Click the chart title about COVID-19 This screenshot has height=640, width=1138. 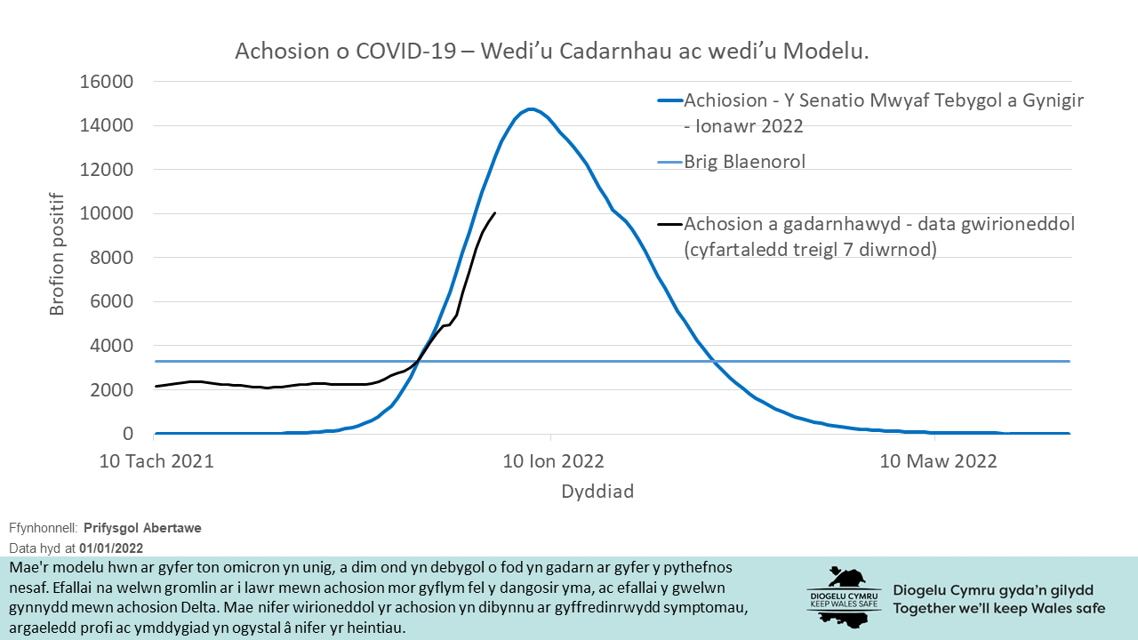551,52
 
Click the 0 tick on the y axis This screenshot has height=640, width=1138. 128,434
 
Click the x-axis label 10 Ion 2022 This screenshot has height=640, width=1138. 553,461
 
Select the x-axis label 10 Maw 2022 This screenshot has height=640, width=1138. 938,461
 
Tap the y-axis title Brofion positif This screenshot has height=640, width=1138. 58,253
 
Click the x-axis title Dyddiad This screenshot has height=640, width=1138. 597,491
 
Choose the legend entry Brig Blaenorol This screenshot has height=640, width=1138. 744,162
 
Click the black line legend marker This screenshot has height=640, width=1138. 669,224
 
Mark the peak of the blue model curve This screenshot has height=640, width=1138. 531,109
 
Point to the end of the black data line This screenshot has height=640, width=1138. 495,212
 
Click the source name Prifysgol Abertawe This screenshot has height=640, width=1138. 142,528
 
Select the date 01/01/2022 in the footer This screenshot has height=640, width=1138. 111,548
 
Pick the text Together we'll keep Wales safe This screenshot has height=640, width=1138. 999,609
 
